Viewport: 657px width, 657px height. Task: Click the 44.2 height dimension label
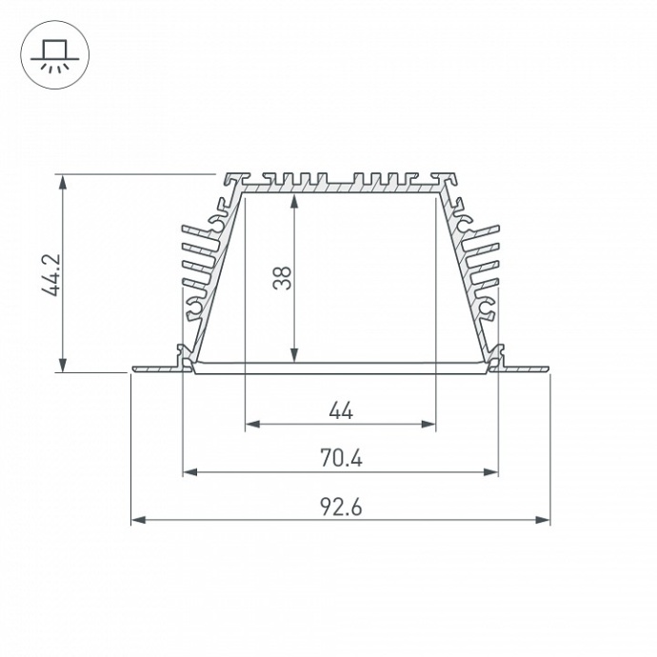[x=51, y=274]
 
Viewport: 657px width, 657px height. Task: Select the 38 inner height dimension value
[x=282, y=276]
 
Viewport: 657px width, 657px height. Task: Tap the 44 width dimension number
[x=341, y=410]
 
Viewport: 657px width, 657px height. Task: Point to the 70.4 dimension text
[x=341, y=459]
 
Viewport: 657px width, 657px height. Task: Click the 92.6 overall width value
[x=341, y=508]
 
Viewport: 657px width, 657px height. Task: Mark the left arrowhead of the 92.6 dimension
[x=136, y=520]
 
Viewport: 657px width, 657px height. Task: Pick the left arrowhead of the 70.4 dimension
[x=188, y=471]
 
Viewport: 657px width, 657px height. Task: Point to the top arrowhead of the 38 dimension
[x=295, y=201]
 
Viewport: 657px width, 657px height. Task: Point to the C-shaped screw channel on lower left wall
[x=197, y=307]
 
